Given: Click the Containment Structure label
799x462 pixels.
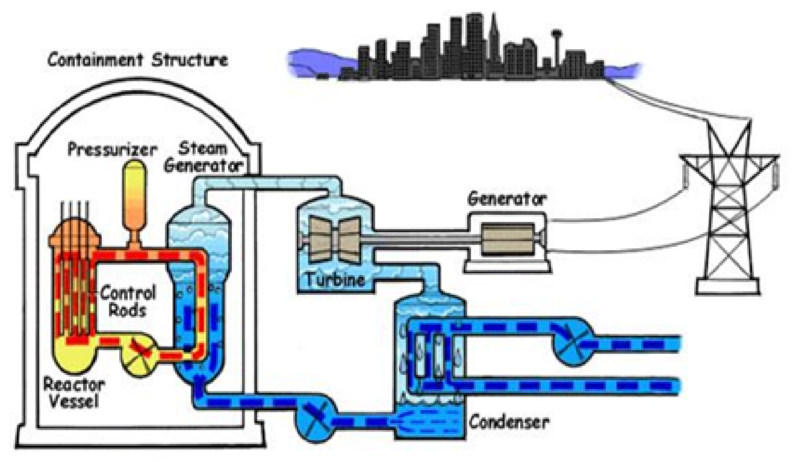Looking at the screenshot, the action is pos(138,60).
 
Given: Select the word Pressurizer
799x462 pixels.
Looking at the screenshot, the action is pos(113,150).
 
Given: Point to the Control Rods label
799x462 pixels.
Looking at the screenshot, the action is pos(128,301).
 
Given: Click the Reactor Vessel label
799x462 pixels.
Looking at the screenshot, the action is pos(73,392).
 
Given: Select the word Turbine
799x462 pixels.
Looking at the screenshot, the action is pos(335,280).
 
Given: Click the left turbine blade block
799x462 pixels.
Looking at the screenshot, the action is pos(321,239).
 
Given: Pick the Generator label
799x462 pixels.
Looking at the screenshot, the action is pos(506,199).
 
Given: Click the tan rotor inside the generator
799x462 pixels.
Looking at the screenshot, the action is pos(508,239).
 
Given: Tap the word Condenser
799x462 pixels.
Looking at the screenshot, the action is pos(509,422).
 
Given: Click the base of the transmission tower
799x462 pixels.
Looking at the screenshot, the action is pos(728,288).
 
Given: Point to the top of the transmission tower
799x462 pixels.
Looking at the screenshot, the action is pos(730,121).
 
